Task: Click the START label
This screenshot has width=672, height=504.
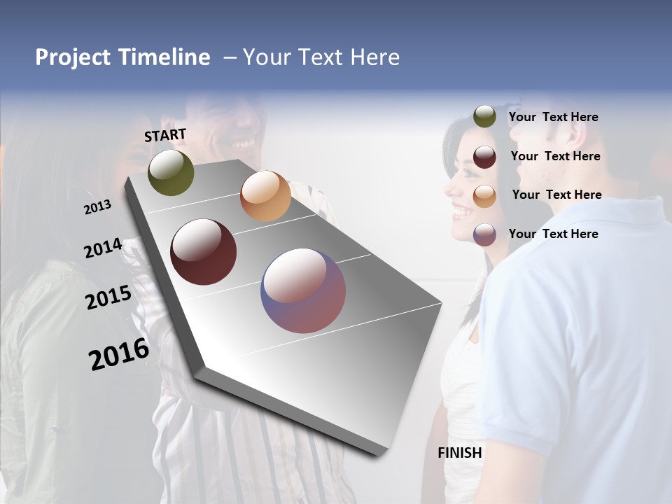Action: pyautogui.click(x=165, y=135)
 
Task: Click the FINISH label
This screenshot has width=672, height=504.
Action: pyautogui.click(x=460, y=453)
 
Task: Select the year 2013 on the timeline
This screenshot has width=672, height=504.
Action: pyautogui.click(x=98, y=206)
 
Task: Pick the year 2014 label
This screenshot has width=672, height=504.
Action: pyautogui.click(x=103, y=248)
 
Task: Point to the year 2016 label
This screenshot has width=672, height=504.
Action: pyautogui.click(x=119, y=354)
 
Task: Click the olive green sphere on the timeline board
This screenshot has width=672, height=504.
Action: pyautogui.click(x=171, y=172)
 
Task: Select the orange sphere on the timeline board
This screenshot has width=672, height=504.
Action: pyautogui.click(x=265, y=196)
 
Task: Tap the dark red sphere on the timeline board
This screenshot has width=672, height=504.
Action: pyautogui.click(x=204, y=252)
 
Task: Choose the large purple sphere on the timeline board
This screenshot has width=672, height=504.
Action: pyautogui.click(x=303, y=290)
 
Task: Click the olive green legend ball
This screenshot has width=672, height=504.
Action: pyautogui.click(x=484, y=117)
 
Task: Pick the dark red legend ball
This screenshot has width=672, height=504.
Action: pyautogui.click(x=484, y=157)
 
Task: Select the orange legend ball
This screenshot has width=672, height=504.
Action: pyautogui.click(x=484, y=195)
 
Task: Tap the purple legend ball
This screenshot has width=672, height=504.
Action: pyautogui.click(x=484, y=234)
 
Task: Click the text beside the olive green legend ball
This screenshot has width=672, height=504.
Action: pyautogui.click(x=553, y=118)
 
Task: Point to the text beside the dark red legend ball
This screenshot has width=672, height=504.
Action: pyautogui.click(x=555, y=157)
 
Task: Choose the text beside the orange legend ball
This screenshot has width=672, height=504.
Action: pyautogui.click(x=556, y=195)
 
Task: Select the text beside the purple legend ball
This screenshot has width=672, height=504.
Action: pyautogui.click(x=553, y=234)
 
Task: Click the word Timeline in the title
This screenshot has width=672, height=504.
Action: pyautogui.click(x=164, y=57)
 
